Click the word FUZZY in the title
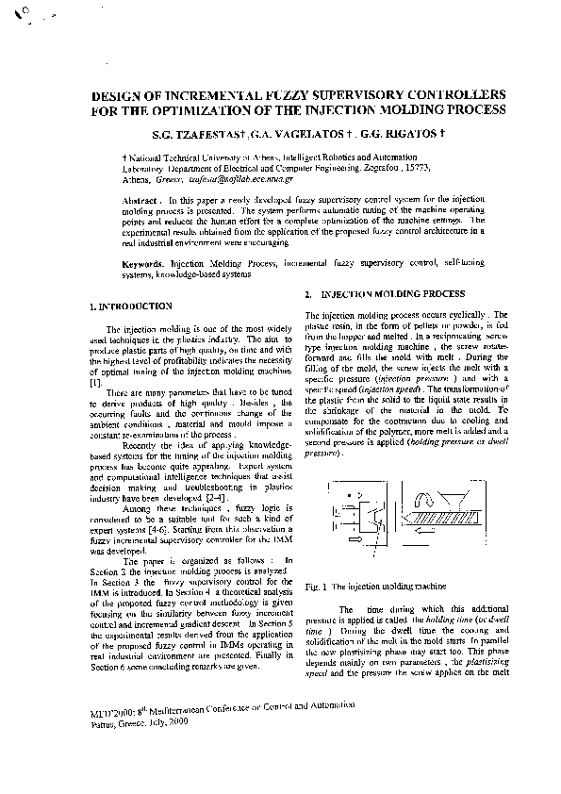pyautogui.click(x=234, y=95)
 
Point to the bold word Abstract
pyautogui.click(x=142, y=201)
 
